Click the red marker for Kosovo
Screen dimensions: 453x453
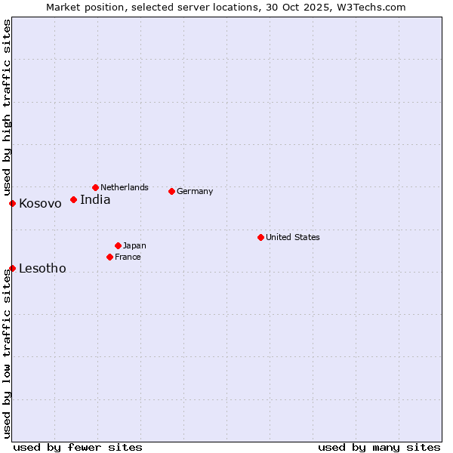(12, 203)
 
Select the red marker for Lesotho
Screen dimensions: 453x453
(12, 268)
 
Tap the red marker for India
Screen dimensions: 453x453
(73, 199)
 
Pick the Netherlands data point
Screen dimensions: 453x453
(95, 187)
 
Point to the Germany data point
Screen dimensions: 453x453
(171, 191)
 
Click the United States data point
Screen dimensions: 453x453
(260, 237)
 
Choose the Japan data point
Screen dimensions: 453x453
(118, 245)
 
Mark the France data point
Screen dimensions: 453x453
(109, 257)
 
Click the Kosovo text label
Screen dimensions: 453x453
(40, 204)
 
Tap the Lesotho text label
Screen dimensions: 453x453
(42, 269)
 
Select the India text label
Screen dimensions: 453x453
(95, 200)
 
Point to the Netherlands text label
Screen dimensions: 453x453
(125, 187)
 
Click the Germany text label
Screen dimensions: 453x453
(195, 192)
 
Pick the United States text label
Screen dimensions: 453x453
(293, 238)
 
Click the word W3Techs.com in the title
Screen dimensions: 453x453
(371, 8)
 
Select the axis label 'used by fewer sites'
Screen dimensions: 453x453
(78, 447)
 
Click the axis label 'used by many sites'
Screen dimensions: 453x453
(379, 447)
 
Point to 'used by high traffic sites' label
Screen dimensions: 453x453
(8, 106)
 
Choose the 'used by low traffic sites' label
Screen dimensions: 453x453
(8, 355)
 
